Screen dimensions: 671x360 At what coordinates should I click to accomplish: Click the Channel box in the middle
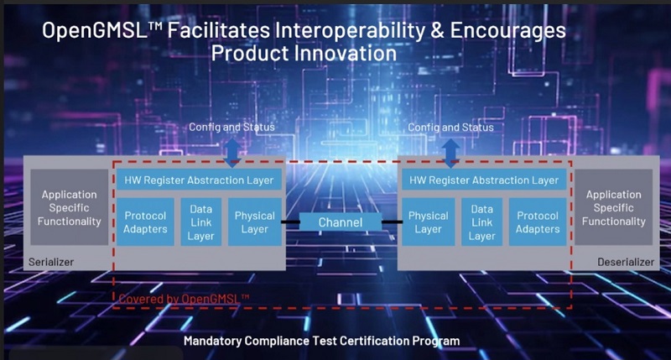tap(341, 222)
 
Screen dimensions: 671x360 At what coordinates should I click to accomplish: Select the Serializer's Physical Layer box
tap(255, 222)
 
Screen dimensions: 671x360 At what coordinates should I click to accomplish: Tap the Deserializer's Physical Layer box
tap(429, 222)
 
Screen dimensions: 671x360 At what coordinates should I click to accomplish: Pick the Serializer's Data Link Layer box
tap(201, 222)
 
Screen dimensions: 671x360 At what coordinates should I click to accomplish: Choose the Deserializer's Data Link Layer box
tap(481, 222)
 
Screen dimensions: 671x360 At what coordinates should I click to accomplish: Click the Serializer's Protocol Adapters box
tap(145, 222)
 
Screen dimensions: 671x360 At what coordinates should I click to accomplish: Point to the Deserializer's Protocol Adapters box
tap(538, 222)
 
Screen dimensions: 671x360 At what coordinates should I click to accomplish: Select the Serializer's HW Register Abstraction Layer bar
tap(199, 180)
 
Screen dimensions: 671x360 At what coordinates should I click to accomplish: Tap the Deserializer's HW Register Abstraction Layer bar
tap(484, 180)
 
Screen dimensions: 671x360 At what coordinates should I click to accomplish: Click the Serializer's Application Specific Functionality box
tap(70, 207)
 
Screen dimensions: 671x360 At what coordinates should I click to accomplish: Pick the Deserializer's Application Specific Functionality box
tap(614, 207)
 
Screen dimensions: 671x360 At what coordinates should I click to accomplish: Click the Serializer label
tap(51, 262)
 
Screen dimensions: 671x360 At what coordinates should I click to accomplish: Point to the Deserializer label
tap(626, 262)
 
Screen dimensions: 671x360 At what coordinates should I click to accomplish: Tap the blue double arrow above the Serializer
tap(232, 153)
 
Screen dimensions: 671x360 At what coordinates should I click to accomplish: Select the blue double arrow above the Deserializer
tap(450, 153)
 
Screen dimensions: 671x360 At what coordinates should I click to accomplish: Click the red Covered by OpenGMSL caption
tap(184, 299)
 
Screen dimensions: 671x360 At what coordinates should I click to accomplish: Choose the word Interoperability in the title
tap(351, 30)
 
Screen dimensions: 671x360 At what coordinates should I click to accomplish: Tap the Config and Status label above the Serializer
tap(232, 128)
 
